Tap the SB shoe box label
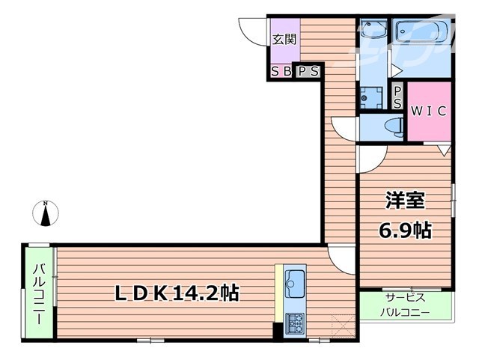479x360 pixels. (x=281, y=72)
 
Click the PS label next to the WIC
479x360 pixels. (x=397, y=96)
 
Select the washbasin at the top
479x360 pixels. (x=372, y=31)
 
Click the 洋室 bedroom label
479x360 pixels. (x=405, y=201)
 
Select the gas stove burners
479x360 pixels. (x=294, y=323)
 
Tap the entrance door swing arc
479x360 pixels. (x=252, y=28)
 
